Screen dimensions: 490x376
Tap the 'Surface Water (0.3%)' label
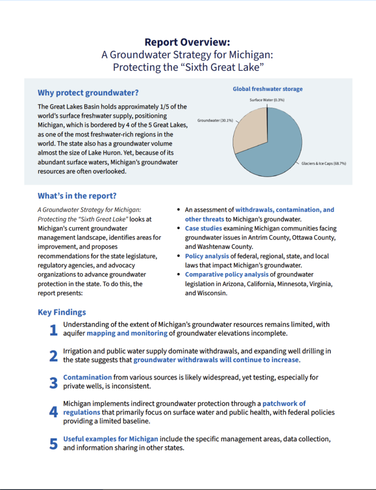[x=267, y=100]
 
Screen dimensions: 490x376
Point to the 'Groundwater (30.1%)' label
[x=215, y=120]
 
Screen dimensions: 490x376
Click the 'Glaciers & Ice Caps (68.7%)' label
[x=324, y=164]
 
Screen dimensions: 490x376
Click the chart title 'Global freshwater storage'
[x=268, y=89]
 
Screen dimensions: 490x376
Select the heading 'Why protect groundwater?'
[x=88, y=92]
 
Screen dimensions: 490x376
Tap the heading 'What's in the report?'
[x=77, y=196]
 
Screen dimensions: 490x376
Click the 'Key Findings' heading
[x=62, y=312]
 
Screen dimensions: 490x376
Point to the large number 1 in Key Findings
[x=54, y=330]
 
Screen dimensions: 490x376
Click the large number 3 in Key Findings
[x=54, y=383]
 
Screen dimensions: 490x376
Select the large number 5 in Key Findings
[x=54, y=444]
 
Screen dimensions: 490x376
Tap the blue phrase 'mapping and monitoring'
[x=127, y=333]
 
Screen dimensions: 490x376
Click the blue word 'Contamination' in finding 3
[x=87, y=377]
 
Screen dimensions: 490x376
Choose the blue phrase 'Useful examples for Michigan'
[x=111, y=438]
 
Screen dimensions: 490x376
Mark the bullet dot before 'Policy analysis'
[x=178, y=256]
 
